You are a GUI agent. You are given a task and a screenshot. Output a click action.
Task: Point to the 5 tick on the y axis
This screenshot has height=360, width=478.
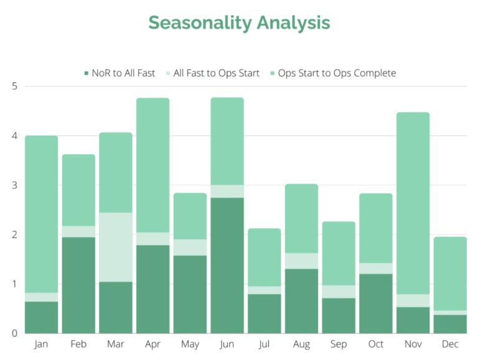[14, 86]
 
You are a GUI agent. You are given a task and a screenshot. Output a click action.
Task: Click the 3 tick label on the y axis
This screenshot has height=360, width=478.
[14, 185]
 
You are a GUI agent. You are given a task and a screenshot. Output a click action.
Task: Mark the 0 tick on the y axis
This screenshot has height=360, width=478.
[14, 334]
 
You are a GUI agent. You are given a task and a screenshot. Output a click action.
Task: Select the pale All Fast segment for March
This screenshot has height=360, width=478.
[116, 247]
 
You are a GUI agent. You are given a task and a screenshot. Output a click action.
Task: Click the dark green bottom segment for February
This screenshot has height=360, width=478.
[78, 285]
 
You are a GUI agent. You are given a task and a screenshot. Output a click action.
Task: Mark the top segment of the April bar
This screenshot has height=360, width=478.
[152, 165]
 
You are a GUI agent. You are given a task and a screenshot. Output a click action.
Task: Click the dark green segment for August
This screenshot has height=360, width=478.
[301, 301]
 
